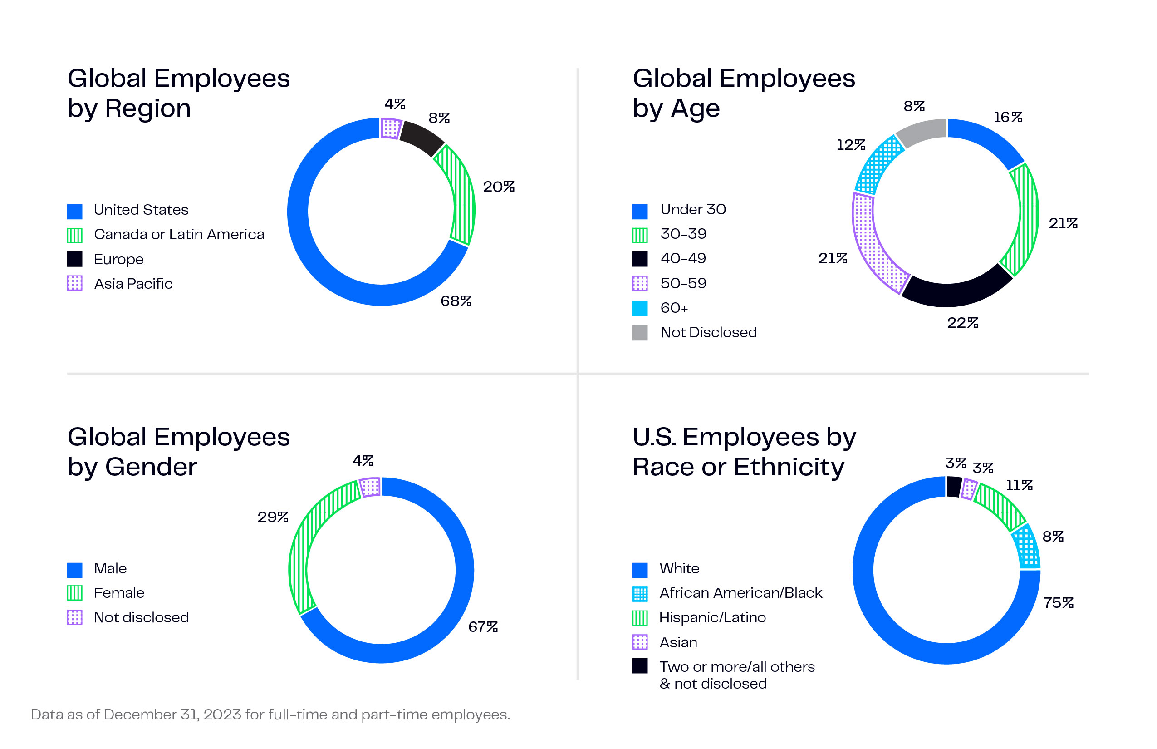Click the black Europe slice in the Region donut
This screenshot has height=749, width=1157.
421,138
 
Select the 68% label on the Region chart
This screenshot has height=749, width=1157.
456,301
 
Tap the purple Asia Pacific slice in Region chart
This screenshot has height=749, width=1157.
391,128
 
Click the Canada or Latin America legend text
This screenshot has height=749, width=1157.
179,234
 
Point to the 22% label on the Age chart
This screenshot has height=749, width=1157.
962,323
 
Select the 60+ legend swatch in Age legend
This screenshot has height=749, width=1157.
640,308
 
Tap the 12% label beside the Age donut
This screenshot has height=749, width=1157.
850,145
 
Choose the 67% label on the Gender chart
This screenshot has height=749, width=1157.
483,627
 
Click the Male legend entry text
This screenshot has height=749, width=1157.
110,568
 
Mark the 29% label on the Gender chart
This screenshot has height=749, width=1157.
273,517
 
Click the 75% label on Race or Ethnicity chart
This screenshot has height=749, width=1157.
1058,603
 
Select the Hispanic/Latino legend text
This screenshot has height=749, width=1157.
712,618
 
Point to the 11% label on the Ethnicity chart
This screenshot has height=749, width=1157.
1019,485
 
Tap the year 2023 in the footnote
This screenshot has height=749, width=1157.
222,715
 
